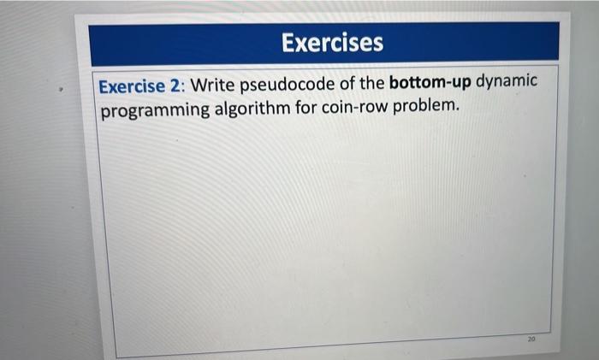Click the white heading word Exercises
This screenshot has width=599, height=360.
(x=332, y=43)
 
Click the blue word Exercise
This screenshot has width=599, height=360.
(x=132, y=86)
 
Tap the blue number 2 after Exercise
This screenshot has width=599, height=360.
(x=175, y=86)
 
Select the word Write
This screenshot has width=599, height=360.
(x=212, y=85)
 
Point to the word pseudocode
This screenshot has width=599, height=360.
(x=288, y=85)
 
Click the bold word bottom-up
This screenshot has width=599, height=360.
(x=430, y=82)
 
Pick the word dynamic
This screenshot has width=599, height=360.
(x=507, y=82)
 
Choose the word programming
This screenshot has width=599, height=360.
(x=155, y=110)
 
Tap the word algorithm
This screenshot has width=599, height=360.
(x=252, y=109)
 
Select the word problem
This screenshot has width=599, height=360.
(x=424, y=106)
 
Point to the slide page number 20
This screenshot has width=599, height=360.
(x=531, y=339)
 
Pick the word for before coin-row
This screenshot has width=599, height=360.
(x=305, y=107)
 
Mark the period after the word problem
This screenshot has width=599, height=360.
(x=457, y=110)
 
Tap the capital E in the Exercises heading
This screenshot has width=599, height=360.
(x=288, y=43)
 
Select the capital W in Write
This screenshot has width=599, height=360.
(x=199, y=85)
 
